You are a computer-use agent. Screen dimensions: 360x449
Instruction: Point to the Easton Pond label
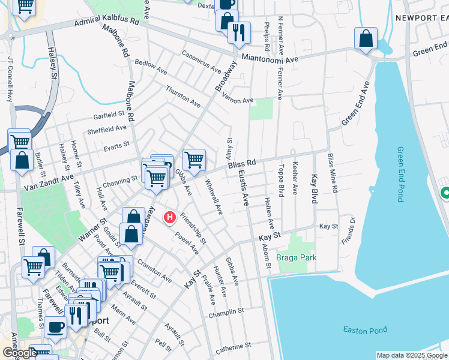click(365, 329)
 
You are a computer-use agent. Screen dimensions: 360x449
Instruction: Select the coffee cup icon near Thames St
click(56, 328)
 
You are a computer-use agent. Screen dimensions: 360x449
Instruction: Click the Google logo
click(19, 353)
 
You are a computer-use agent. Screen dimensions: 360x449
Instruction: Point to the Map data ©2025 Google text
click(411, 355)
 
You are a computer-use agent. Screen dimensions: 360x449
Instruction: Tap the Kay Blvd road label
click(314, 190)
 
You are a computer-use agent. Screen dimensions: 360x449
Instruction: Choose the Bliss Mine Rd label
click(331, 173)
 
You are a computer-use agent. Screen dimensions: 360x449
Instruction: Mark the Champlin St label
click(225, 314)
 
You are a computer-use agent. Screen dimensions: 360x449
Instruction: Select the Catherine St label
click(233, 346)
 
